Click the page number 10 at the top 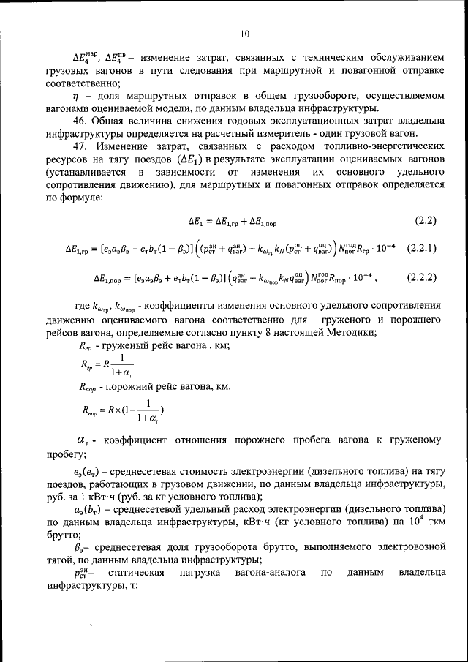pyautogui.click(x=244, y=33)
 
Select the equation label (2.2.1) pyautogui.click(x=421, y=248)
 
